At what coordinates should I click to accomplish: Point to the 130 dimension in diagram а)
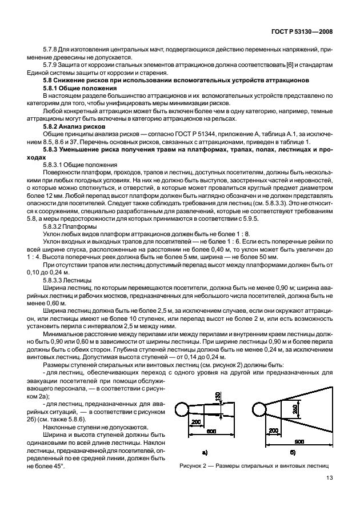[x=218, y=397]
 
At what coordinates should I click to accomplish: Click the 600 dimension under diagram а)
[x=211, y=431]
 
